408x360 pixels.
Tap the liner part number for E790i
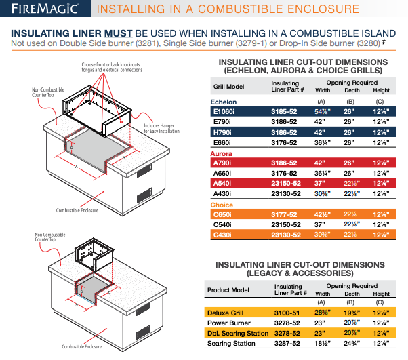(x=286, y=123)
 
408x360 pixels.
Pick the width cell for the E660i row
(x=323, y=144)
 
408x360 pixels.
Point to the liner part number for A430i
(x=287, y=194)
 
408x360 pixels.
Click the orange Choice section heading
(x=222, y=205)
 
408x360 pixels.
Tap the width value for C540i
(x=323, y=225)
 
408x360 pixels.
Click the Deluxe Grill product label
(x=229, y=313)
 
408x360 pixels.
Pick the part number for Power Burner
(x=287, y=323)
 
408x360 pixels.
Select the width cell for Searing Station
(x=323, y=344)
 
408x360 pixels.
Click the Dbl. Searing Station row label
(x=238, y=334)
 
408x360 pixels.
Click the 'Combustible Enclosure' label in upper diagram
(x=75, y=211)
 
